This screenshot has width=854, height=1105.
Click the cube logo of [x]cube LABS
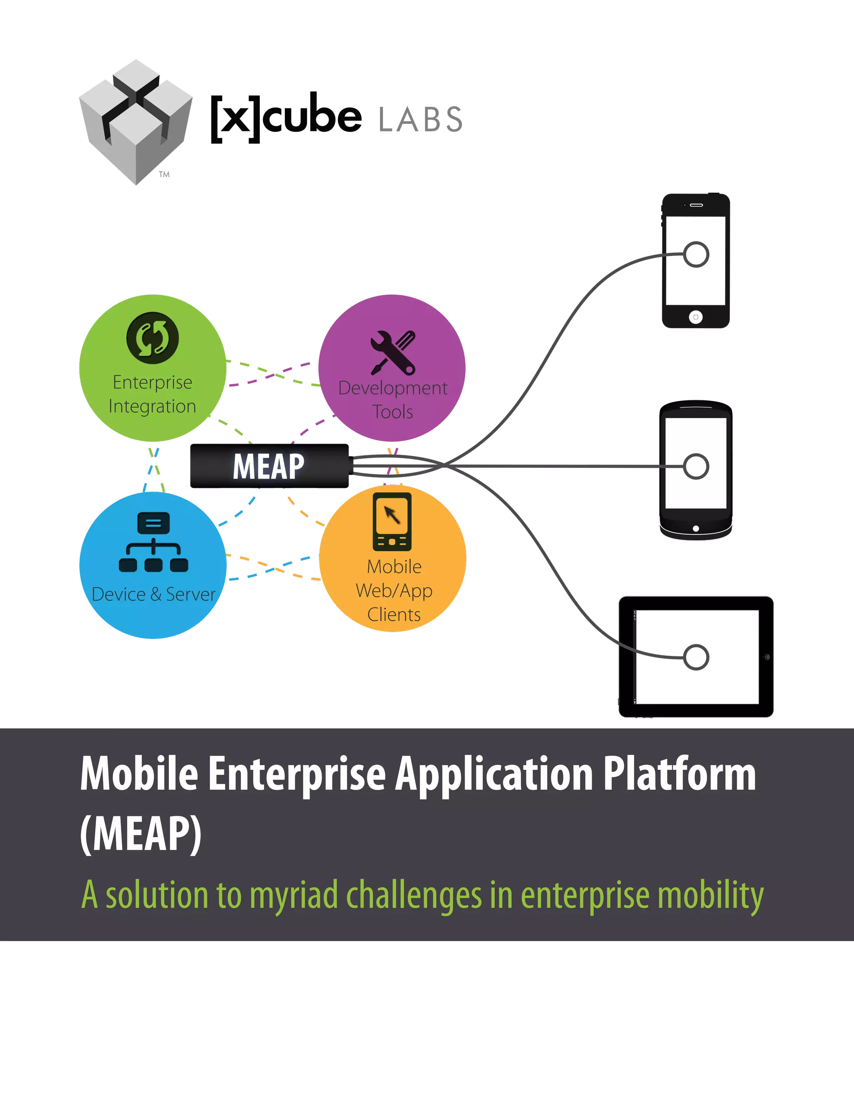[x=136, y=122]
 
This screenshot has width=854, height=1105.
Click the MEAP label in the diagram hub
[x=269, y=466]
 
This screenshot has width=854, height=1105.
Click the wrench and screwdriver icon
[x=392, y=353]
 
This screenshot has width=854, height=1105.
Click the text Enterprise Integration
[x=152, y=394]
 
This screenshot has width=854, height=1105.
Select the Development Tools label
[x=392, y=400]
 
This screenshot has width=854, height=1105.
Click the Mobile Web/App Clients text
[x=394, y=590]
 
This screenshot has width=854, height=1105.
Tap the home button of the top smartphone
[x=696, y=317]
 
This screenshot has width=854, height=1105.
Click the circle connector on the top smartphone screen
[x=696, y=254]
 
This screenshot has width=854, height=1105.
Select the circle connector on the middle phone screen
[x=696, y=466]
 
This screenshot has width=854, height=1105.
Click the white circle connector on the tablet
[x=696, y=658]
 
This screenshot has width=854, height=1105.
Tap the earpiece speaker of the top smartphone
[x=697, y=205]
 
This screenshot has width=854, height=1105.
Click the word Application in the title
[x=494, y=776]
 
